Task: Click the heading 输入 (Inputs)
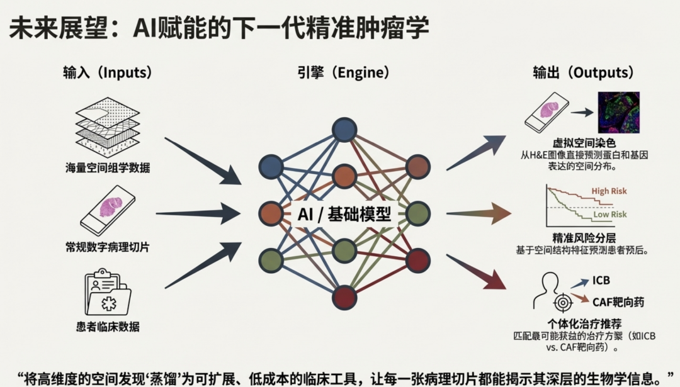pyautogui.click(x=108, y=72)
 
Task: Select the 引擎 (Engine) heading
pyautogui.click(x=343, y=72)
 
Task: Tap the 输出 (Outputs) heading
pyautogui.click(x=583, y=72)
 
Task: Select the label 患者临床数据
pyautogui.click(x=108, y=326)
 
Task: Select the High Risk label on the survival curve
pyautogui.click(x=609, y=191)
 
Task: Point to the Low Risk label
pyautogui.click(x=610, y=214)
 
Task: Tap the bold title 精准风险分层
pyautogui.click(x=584, y=238)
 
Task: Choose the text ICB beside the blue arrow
pyautogui.click(x=601, y=280)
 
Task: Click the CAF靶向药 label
pyautogui.click(x=618, y=302)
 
